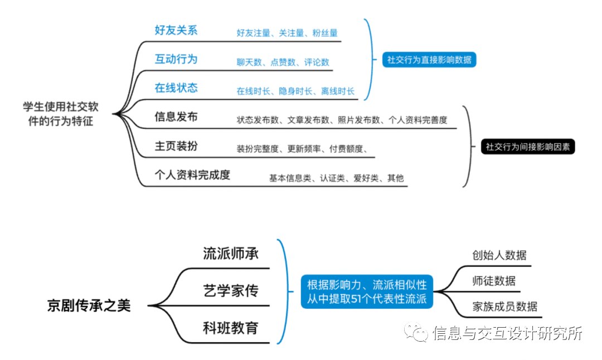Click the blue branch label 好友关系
[176, 30]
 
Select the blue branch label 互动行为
[176, 59]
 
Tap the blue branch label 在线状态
[176, 88]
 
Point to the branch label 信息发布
[176, 117]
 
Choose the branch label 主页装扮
[176, 146]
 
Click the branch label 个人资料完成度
[192, 175]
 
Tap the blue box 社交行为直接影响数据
[429, 60]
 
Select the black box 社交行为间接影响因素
[527, 147]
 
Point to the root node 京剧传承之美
[89, 305]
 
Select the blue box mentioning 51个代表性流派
[367, 291]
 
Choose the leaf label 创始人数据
[499, 256]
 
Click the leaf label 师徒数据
[493, 281]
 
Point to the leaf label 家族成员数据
[504, 306]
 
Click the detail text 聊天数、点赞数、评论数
[283, 62]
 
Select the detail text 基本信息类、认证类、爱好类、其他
[336, 178]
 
